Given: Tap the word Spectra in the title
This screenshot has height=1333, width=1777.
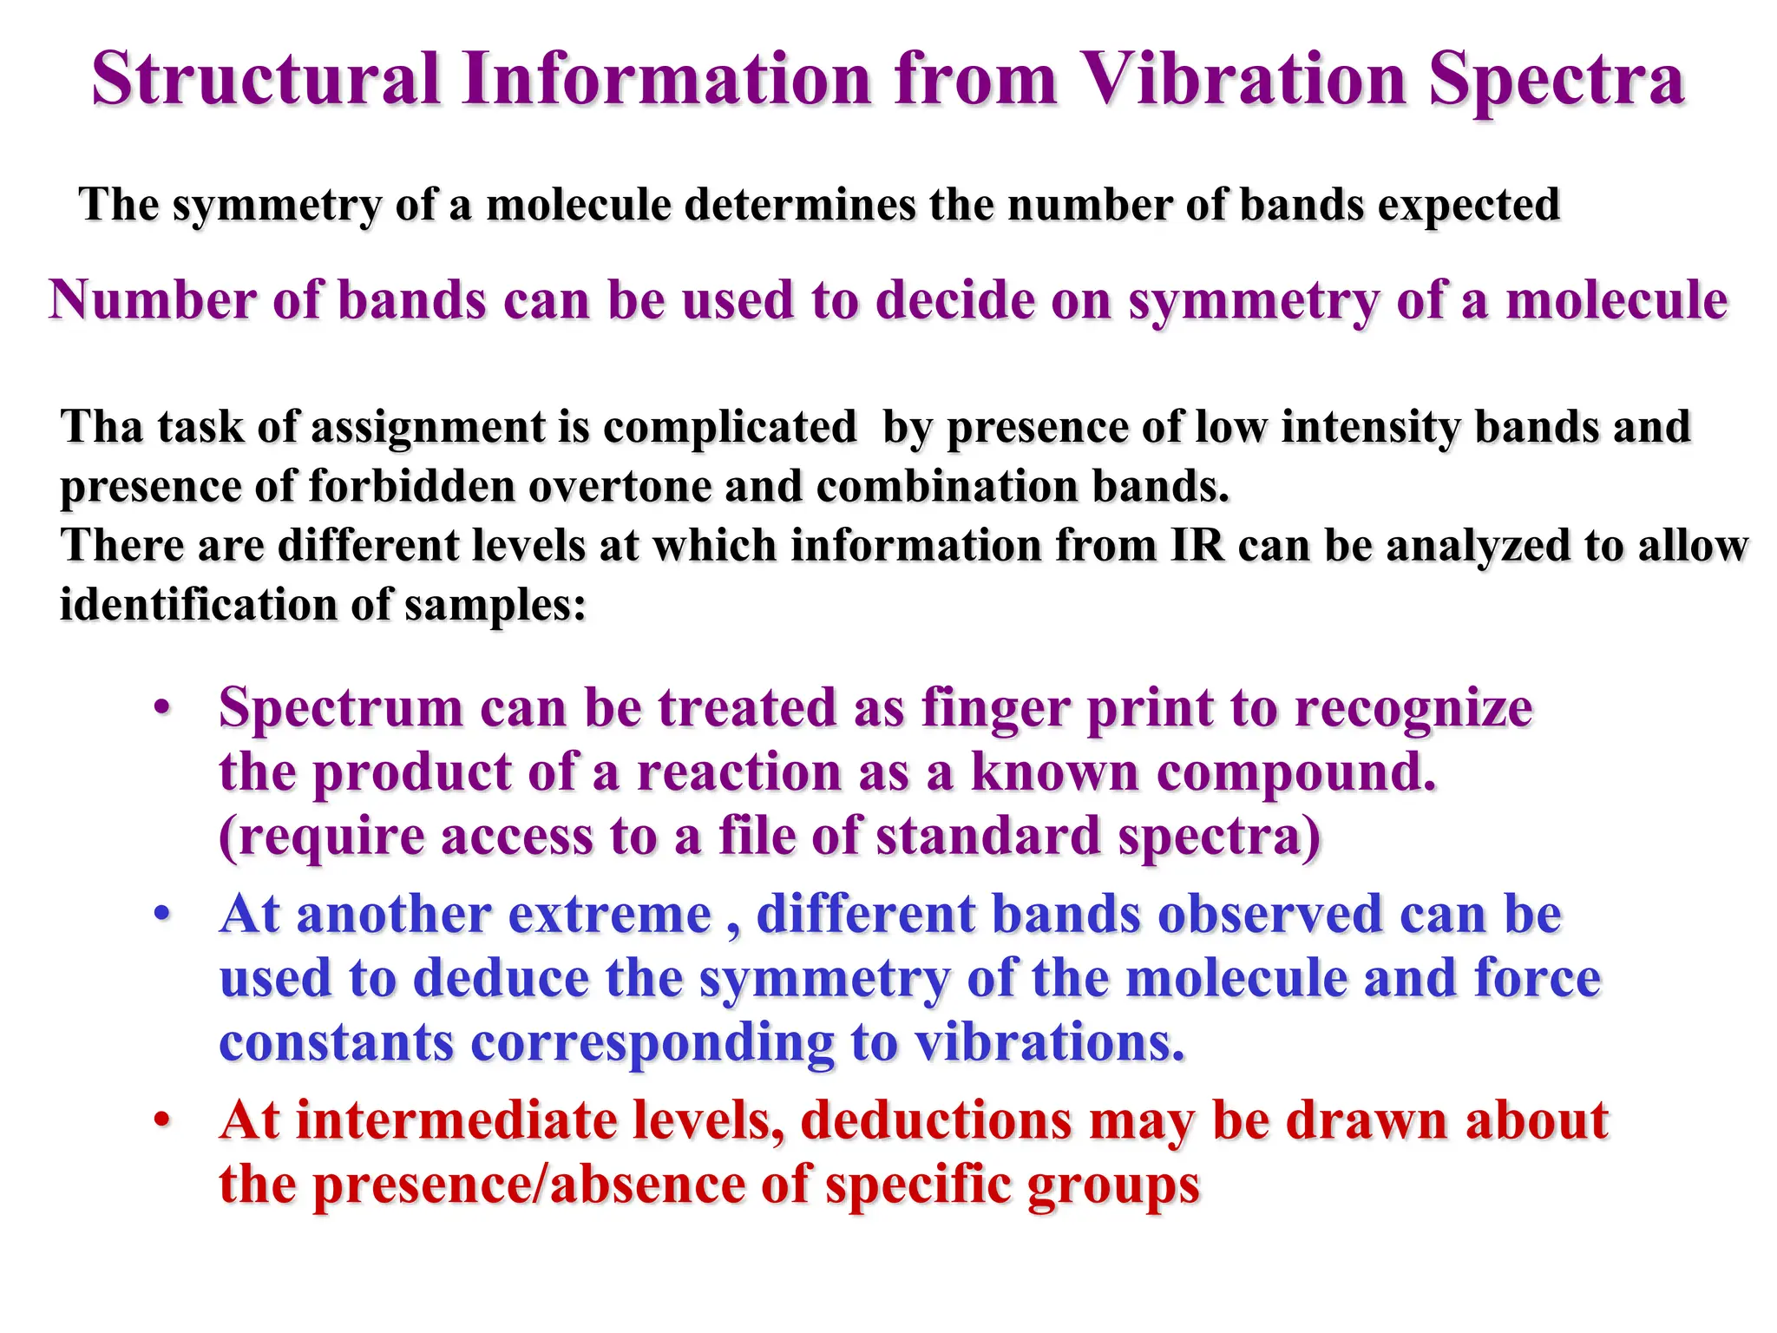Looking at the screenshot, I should click(x=1556, y=79).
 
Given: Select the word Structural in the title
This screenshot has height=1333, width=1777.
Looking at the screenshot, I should click(x=266, y=79).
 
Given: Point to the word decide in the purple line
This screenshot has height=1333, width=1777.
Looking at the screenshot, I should click(x=951, y=300).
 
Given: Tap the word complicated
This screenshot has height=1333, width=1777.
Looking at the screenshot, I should click(x=729, y=428).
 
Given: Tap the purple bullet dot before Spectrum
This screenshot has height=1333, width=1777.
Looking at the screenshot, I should click(x=162, y=707).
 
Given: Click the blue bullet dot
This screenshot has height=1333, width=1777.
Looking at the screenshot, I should click(x=162, y=915).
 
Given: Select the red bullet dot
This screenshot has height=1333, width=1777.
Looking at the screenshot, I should click(x=162, y=1120).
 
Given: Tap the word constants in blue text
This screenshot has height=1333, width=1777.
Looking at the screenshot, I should click(x=336, y=1042).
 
